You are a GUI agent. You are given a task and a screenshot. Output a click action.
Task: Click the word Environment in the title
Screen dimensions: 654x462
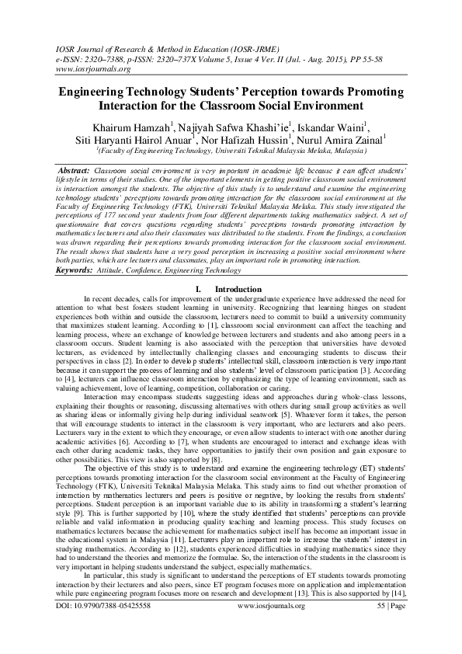coord(328,106)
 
